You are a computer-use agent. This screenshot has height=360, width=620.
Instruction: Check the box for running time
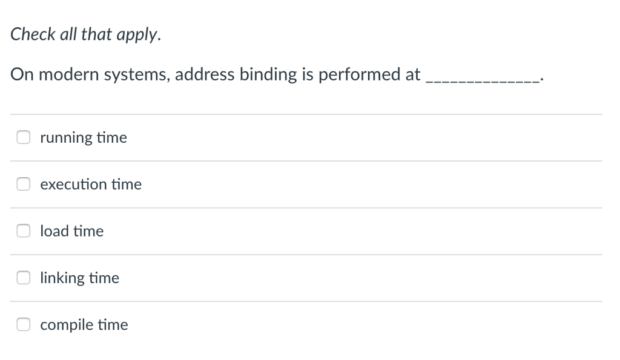23,137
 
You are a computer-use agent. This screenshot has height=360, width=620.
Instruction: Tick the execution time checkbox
23,184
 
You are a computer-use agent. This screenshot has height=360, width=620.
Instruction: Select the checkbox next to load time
23,231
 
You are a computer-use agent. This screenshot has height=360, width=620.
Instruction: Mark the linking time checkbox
23,278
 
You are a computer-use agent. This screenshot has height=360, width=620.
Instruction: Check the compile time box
23,324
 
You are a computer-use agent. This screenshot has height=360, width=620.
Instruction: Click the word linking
62,278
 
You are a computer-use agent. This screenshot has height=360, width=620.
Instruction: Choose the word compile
67,325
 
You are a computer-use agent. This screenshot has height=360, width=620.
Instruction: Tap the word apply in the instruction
142,35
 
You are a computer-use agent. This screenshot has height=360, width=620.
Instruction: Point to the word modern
70,74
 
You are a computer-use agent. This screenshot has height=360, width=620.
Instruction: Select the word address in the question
205,74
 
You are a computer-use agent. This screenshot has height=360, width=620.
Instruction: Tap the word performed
354,75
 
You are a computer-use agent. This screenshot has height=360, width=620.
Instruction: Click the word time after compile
114,325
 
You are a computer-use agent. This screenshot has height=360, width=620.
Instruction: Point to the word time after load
89,231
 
